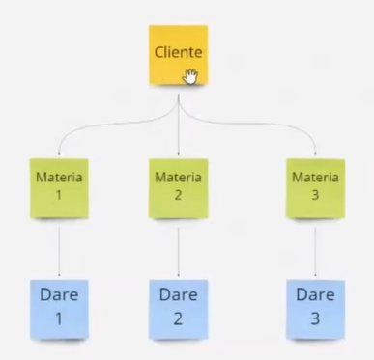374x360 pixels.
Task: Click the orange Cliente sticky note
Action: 178,55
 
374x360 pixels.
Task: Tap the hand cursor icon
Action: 190,76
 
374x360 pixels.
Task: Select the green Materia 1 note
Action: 59,188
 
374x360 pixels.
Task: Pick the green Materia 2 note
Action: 178,188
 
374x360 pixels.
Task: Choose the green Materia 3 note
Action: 315,188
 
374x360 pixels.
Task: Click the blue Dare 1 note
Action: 59,310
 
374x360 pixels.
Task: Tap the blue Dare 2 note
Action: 178,310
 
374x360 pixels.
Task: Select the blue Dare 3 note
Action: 315,310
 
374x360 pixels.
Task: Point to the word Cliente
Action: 178,52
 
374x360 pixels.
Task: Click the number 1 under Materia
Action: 59,195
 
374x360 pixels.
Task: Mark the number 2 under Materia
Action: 178,195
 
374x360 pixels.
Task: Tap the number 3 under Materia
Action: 315,195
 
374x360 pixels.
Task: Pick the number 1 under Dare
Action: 59,318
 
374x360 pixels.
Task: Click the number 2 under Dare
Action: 178,318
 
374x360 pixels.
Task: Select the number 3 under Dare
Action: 315,318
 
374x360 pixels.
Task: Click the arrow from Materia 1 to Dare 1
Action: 59,252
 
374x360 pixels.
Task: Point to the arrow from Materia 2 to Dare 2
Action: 178,252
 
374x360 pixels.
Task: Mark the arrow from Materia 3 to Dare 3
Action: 315,252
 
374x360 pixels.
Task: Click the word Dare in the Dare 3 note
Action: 315,295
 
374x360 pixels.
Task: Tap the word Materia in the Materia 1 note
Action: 59,178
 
